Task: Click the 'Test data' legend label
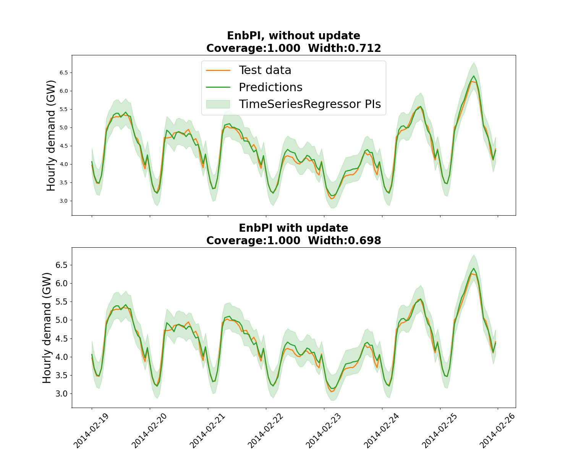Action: (x=265, y=70)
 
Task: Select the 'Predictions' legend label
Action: (x=270, y=87)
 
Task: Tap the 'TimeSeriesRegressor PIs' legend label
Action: (x=310, y=104)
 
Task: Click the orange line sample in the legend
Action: (x=218, y=70)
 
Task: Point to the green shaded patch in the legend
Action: (x=218, y=104)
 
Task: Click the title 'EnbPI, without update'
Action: (x=293, y=36)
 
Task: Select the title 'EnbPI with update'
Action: (x=293, y=228)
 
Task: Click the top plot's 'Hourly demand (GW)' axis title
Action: (x=51, y=135)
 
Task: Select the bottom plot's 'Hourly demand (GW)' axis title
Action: (x=47, y=328)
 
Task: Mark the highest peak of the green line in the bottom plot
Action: (x=474, y=268)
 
